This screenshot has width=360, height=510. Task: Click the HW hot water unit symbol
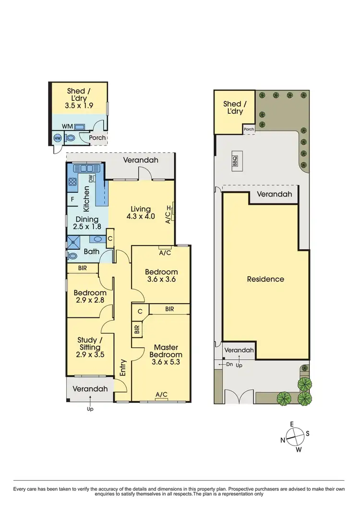(x=57, y=138)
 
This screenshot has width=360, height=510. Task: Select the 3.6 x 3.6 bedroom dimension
(x=161, y=280)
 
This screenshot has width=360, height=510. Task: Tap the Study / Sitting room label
(x=89, y=347)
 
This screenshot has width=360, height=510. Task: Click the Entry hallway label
(x=123, y=367)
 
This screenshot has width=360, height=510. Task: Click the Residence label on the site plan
(x=265, y=279)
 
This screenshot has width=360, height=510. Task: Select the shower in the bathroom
(x=74, y=241)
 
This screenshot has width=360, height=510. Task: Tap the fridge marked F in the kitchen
(x=72, y=198)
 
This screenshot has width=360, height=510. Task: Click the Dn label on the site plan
(x=229, y=365)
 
